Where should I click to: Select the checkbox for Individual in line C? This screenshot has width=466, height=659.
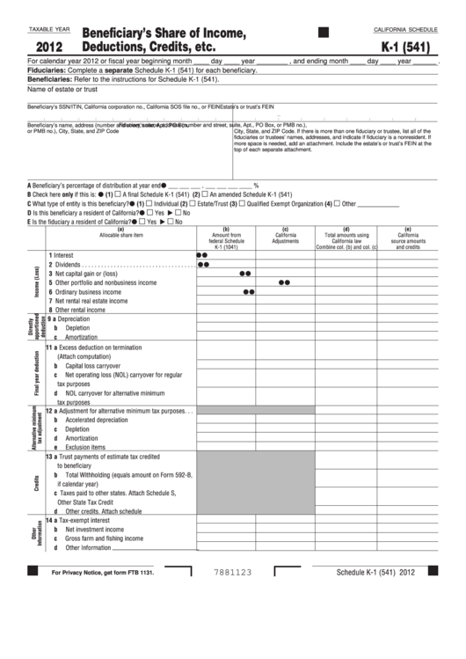[x=151, y=203]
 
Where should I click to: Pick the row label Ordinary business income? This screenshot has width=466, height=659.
[x=94, y=292]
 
